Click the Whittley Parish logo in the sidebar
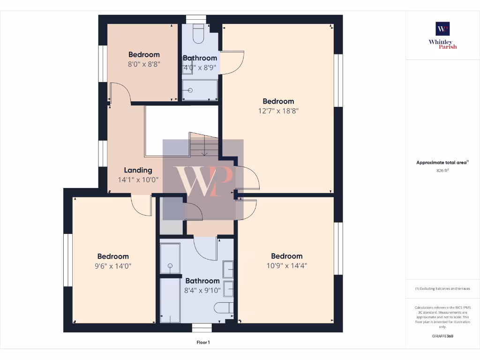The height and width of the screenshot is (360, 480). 442,35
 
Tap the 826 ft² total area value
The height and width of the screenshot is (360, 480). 442,171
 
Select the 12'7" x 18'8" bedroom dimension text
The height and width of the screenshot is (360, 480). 278,111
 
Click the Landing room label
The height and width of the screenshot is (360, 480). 138,170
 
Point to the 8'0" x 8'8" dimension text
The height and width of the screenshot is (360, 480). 144,64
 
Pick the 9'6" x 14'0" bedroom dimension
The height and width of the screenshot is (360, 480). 113,266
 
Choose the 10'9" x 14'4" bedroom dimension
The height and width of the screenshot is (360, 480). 286,265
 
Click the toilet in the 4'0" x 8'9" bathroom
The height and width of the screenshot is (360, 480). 198,35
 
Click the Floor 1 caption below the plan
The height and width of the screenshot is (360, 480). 202,343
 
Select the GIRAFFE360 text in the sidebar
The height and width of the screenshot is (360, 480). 442,336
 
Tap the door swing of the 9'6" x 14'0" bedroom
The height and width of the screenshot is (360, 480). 140,205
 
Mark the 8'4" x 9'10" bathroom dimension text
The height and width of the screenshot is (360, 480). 202,290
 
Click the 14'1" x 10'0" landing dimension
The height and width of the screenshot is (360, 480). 138,180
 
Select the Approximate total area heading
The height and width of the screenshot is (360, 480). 442,163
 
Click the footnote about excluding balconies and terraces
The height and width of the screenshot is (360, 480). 442,289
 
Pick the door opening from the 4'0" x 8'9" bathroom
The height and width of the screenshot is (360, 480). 232,63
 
